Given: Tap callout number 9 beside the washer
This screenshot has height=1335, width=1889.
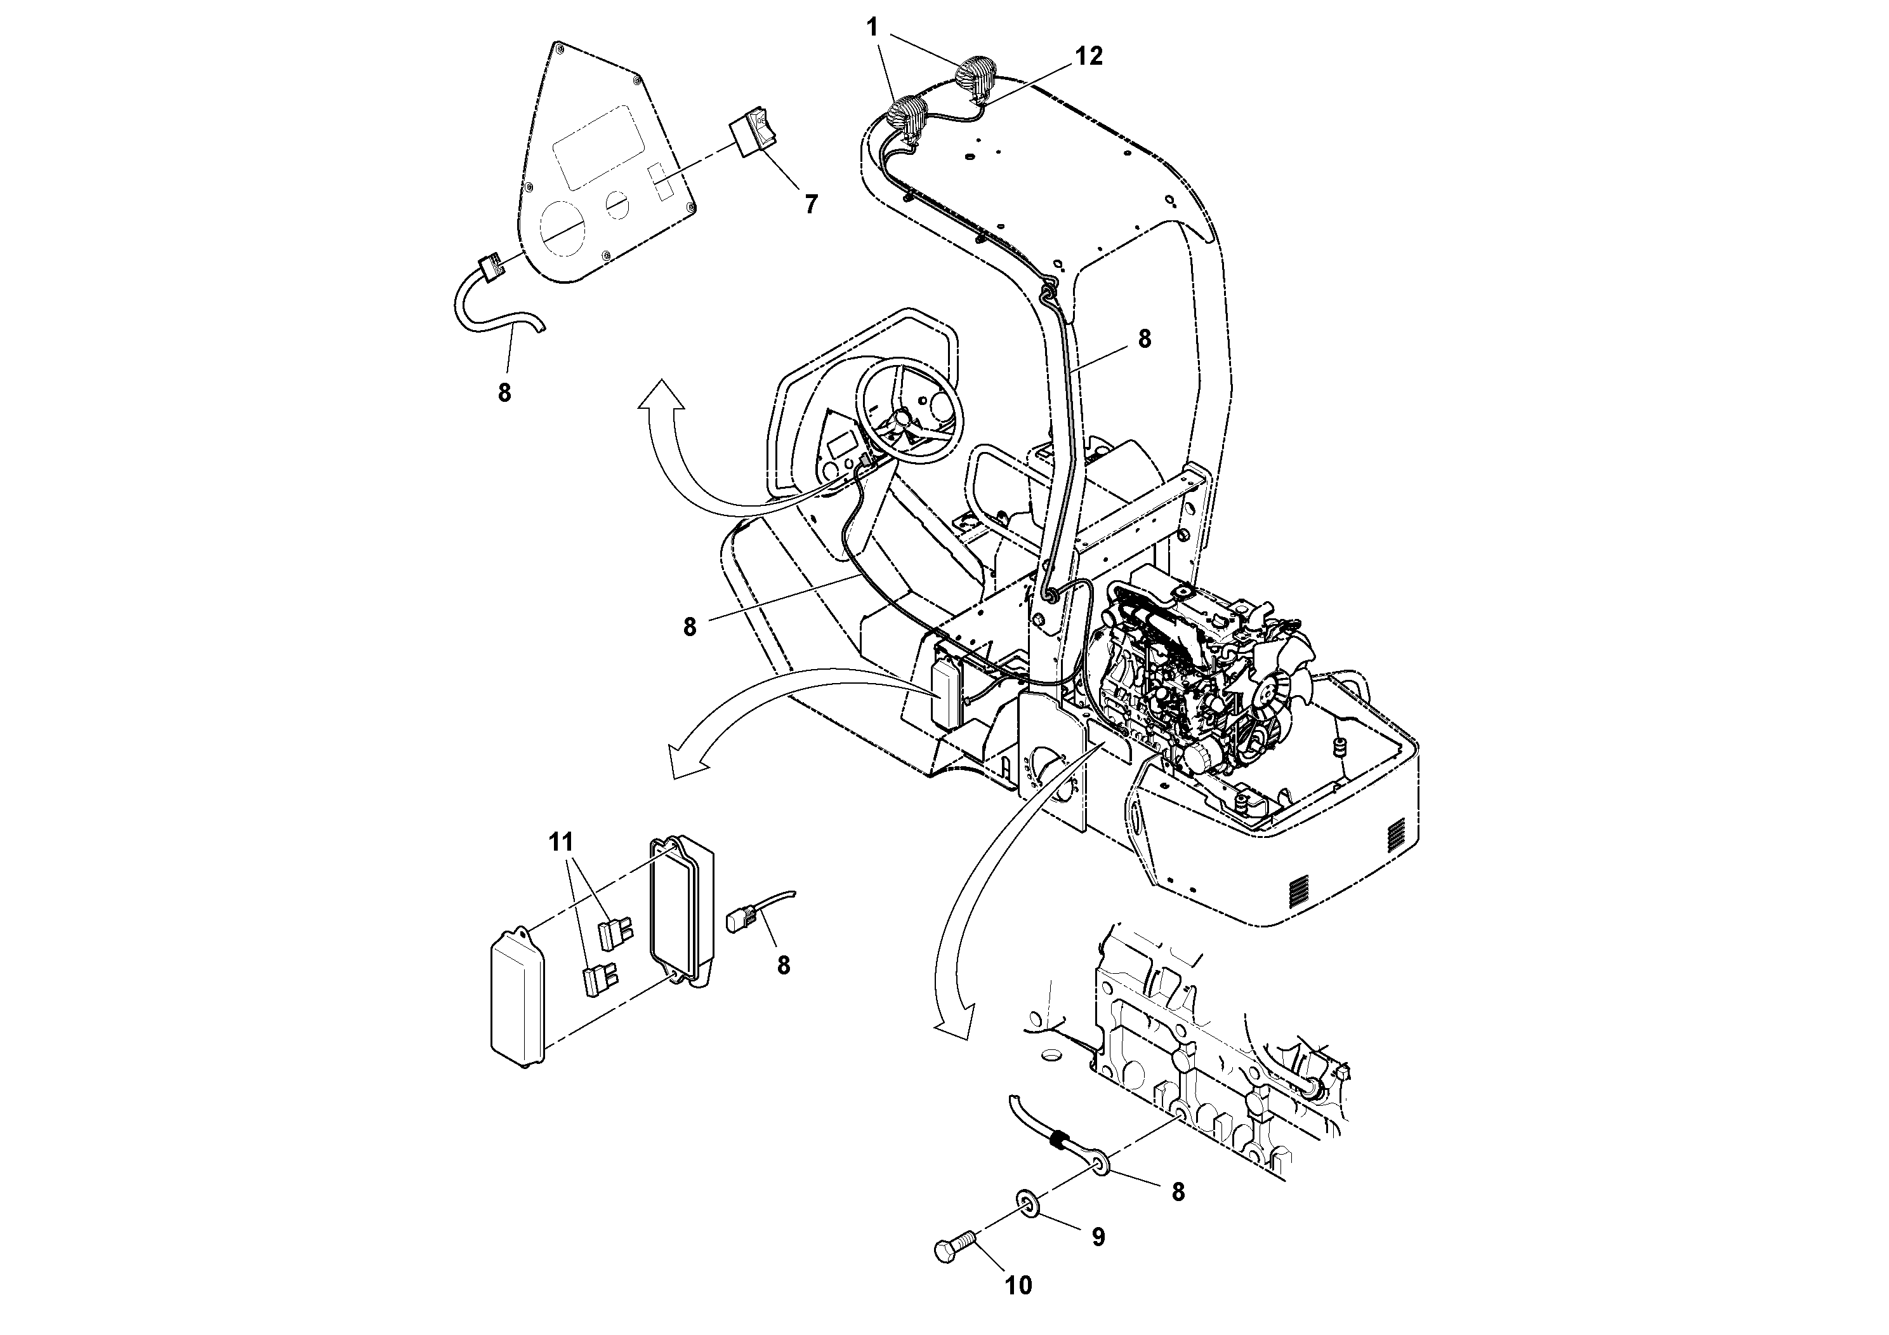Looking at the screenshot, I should (x=1098, y=1237).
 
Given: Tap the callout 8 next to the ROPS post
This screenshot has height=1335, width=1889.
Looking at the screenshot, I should (x=1143, y=338).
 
